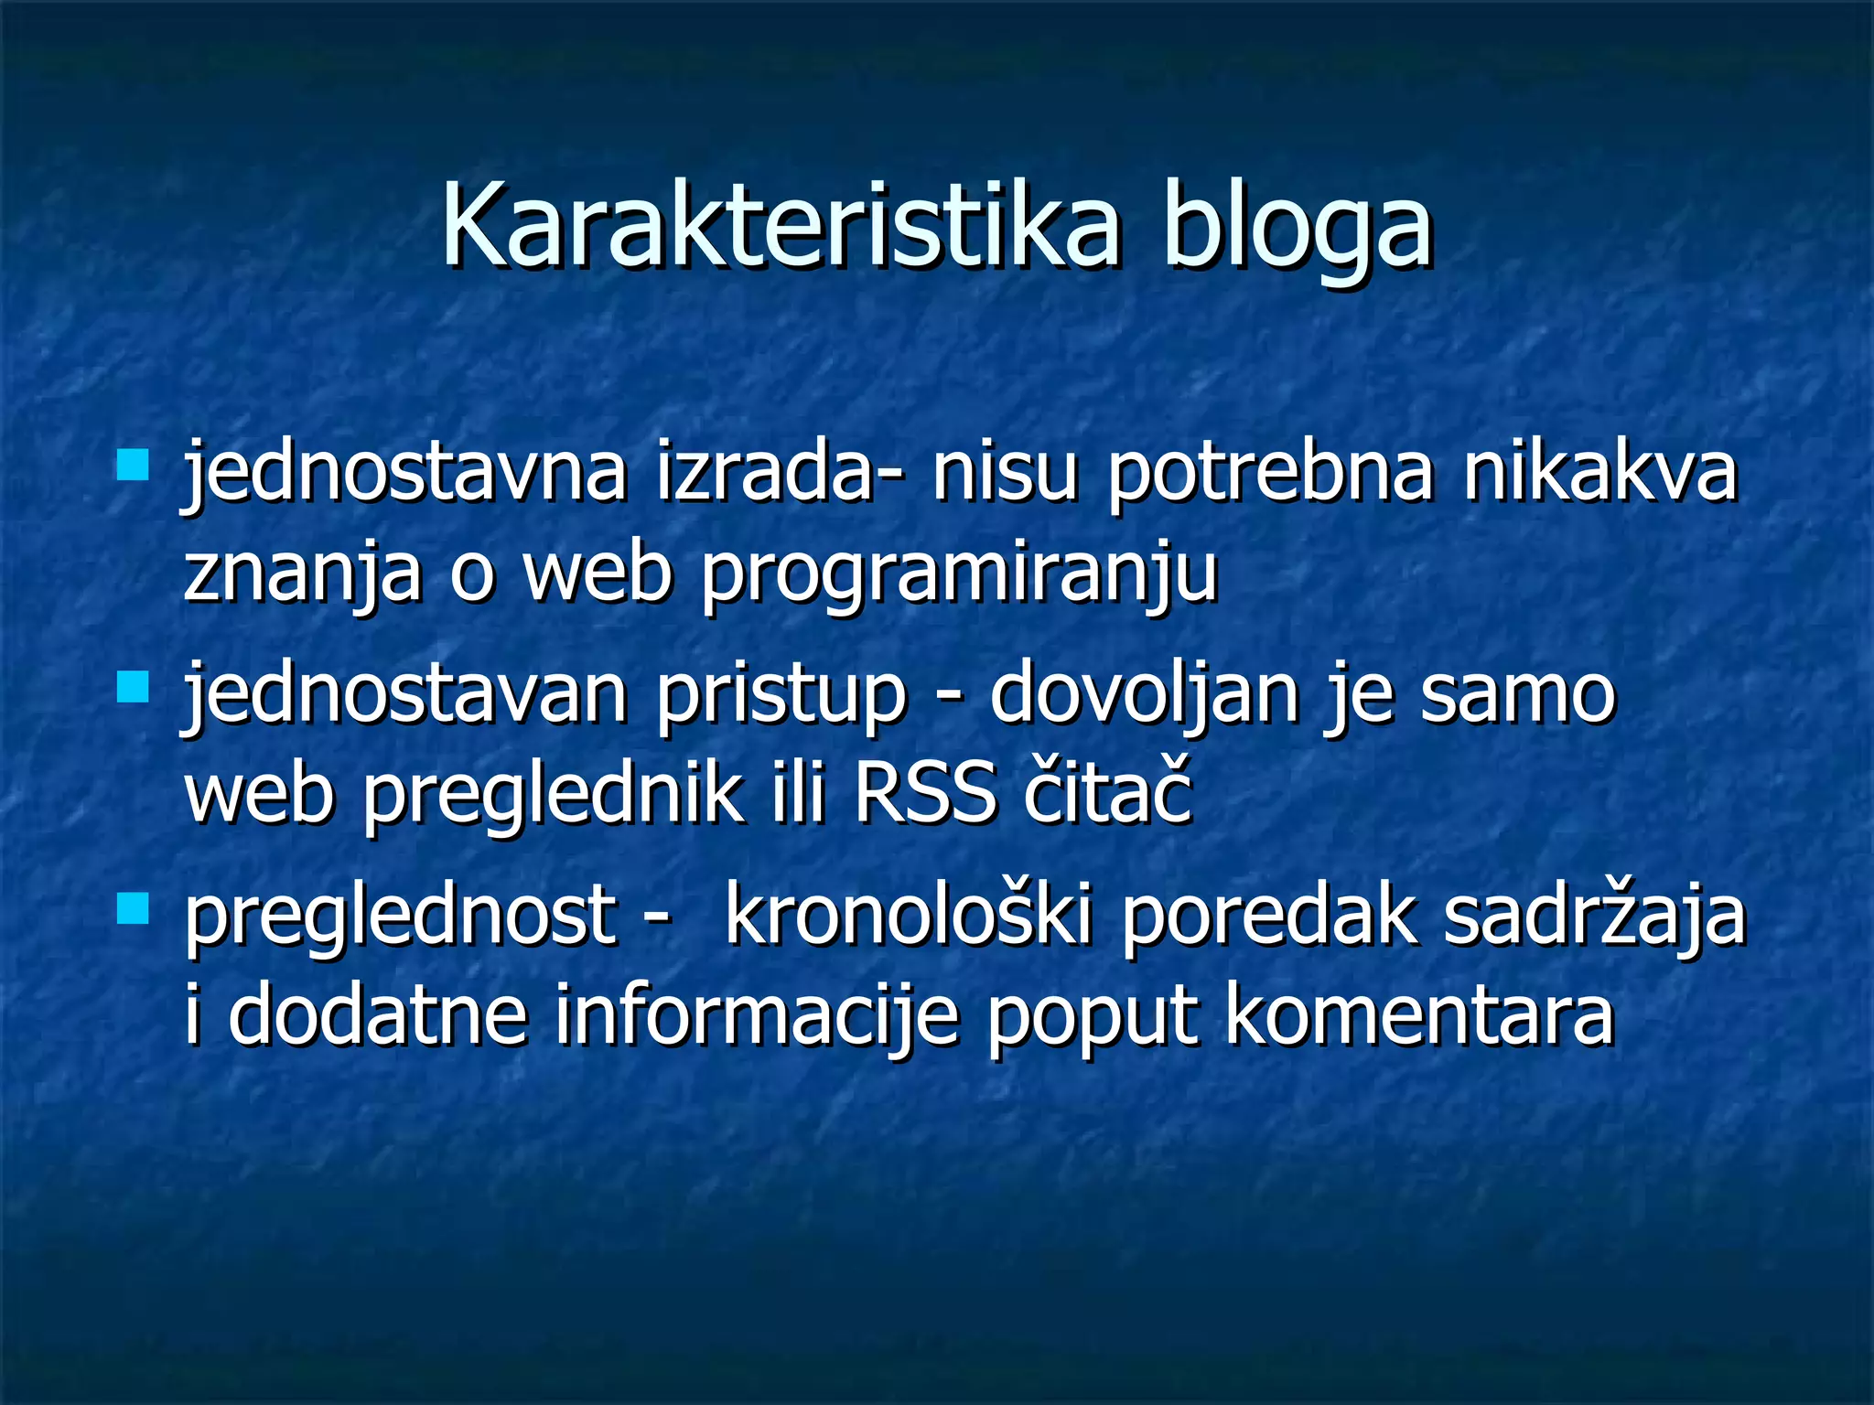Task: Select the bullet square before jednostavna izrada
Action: tap(134, 465)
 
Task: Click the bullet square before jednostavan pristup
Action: tap(134, 686)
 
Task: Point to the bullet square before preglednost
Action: tap(134, 908)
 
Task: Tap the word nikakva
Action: tap(1599, 472)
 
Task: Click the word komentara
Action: tap(1419, 1015)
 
